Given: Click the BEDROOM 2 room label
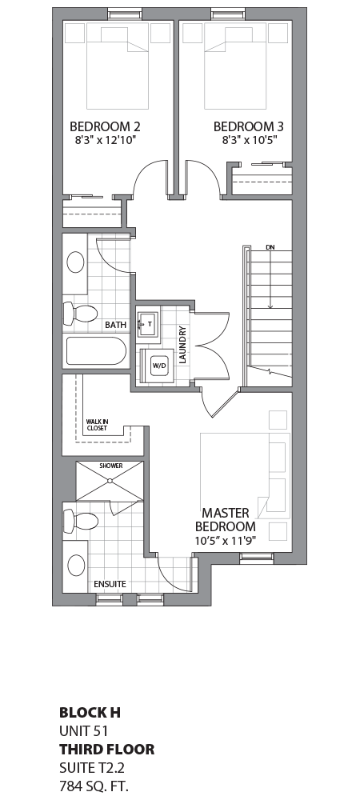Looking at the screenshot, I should tap(105, 126).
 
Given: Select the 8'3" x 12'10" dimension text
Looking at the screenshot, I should tap(105, 139).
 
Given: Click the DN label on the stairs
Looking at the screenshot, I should tap(270, 246).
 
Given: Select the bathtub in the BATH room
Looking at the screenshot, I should tap(95, 353).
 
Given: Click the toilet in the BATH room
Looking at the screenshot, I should tap(80, 314).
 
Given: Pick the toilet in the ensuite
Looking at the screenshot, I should tap(82, 522).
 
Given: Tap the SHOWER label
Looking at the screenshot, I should tap(110, 465).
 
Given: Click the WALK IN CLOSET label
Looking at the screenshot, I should tap(96, 425).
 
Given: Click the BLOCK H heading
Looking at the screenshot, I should tap(90, 711).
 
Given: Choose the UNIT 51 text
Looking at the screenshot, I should tap(83, 730).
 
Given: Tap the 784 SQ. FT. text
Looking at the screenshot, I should tap(93, 786).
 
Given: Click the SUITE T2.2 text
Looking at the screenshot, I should tap(91, 768).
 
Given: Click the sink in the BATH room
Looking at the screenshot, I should tap(77, 262).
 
